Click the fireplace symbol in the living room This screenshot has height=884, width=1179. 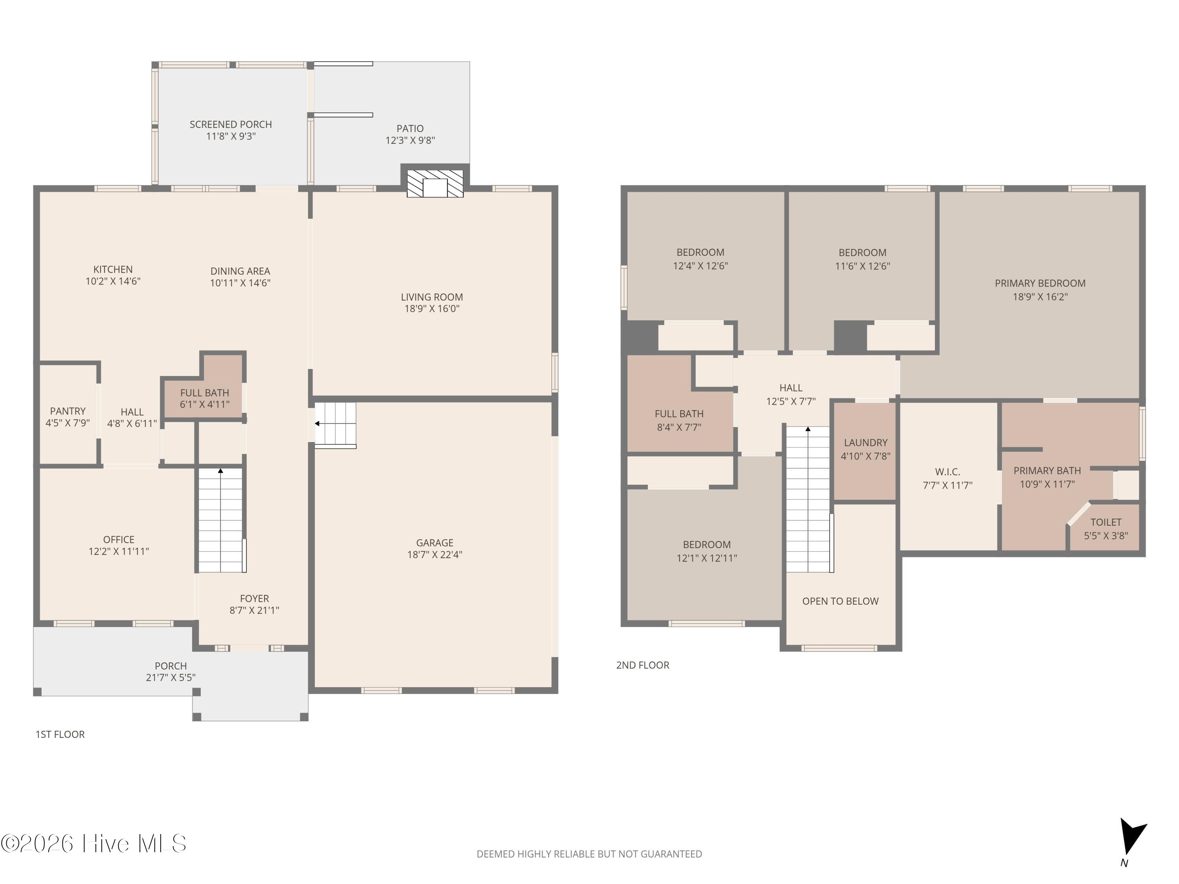click(435, 184)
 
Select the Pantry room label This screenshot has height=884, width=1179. click(68, 411)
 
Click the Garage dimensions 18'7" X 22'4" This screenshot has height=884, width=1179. click(435, 554)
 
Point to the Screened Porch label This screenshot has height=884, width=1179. click(231, 124)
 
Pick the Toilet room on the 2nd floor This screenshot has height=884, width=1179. click(1106, 528)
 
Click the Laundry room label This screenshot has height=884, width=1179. click(866, 442)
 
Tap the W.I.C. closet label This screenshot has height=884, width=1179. click(948, 471)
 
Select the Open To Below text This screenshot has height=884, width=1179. click(841, 601)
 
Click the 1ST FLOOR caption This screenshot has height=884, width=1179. click(60, 734)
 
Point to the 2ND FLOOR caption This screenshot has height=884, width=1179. click(643, 665)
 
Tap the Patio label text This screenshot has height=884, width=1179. click(410, 128)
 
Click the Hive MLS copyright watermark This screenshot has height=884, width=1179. click(94, 844)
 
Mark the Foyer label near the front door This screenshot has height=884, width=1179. click(254, 598)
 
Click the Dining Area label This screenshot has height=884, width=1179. click(241, 271)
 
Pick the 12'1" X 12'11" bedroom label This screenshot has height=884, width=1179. click(707, 558)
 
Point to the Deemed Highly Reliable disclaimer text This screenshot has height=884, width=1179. click(589, 854)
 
